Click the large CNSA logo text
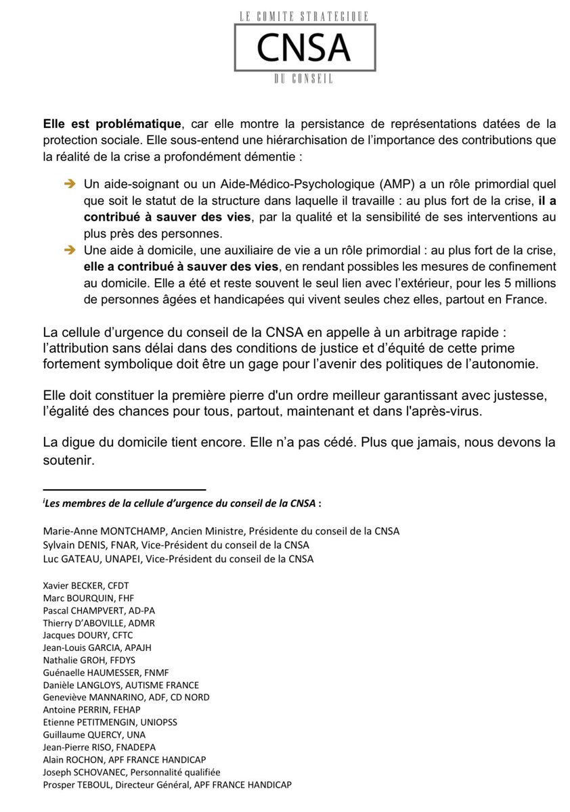[302, 46]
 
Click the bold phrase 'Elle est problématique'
[112, 125]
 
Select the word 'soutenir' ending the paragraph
[65, 459]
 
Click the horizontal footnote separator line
[124, 489]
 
